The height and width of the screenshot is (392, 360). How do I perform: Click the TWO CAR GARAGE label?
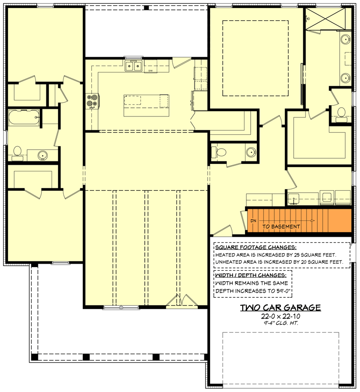click(281, 308)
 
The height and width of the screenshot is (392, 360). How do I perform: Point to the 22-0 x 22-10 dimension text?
click(281, 316)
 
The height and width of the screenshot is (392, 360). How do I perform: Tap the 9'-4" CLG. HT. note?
click(281, 323)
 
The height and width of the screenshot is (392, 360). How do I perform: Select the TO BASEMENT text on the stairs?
click(281, 226)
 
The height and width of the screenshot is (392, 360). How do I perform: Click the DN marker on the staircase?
click(254, 221)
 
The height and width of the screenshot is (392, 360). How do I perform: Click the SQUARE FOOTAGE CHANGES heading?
click(256, 247)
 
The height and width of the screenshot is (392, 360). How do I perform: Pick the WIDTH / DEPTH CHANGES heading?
click(250, 275)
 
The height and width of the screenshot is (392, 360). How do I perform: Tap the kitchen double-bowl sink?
click(133, 66)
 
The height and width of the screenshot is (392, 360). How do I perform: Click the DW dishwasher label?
click(150, 71)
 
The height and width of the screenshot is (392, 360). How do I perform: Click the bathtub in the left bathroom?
click(24, 117)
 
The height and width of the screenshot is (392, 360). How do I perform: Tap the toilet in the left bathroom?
click(18, 151)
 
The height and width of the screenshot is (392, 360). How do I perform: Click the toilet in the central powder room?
click(215, 152)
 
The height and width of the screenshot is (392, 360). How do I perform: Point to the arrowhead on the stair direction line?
click(313, 221)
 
